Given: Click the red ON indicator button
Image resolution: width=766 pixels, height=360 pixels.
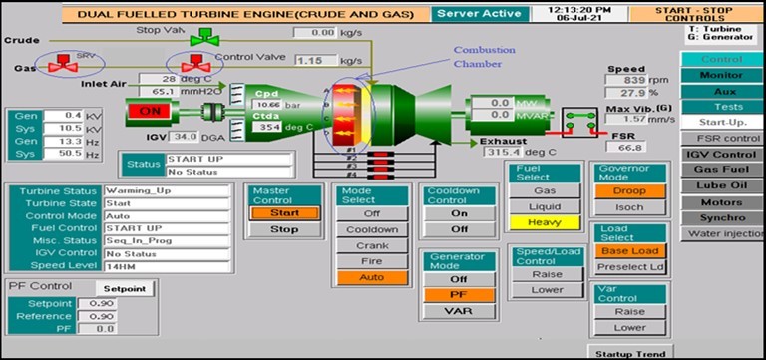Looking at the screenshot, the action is [x=150, y=111].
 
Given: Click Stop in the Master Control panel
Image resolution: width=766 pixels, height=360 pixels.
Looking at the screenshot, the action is [x=284, y=229].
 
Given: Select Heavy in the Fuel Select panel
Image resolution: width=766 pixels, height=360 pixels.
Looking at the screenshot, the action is [x=545, y=222].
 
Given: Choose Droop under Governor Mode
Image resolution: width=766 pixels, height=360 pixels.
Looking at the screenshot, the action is [x=629, y=189].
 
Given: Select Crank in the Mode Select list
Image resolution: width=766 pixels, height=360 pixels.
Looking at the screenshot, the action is [x=372, y=245].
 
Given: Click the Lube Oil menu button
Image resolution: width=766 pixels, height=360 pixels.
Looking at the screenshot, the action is [x=721, y=185].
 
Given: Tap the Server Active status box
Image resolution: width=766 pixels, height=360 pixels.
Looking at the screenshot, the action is [x=477, y=14].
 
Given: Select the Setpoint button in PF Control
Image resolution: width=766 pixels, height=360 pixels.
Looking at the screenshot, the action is [x=125, y=289].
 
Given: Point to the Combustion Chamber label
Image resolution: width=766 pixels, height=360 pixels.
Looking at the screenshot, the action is [x=484, y=56].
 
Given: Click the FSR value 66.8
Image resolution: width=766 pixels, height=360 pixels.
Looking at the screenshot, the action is [x=630, y=147].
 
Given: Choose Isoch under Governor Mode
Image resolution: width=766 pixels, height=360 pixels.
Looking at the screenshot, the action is [x=629, y=208].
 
